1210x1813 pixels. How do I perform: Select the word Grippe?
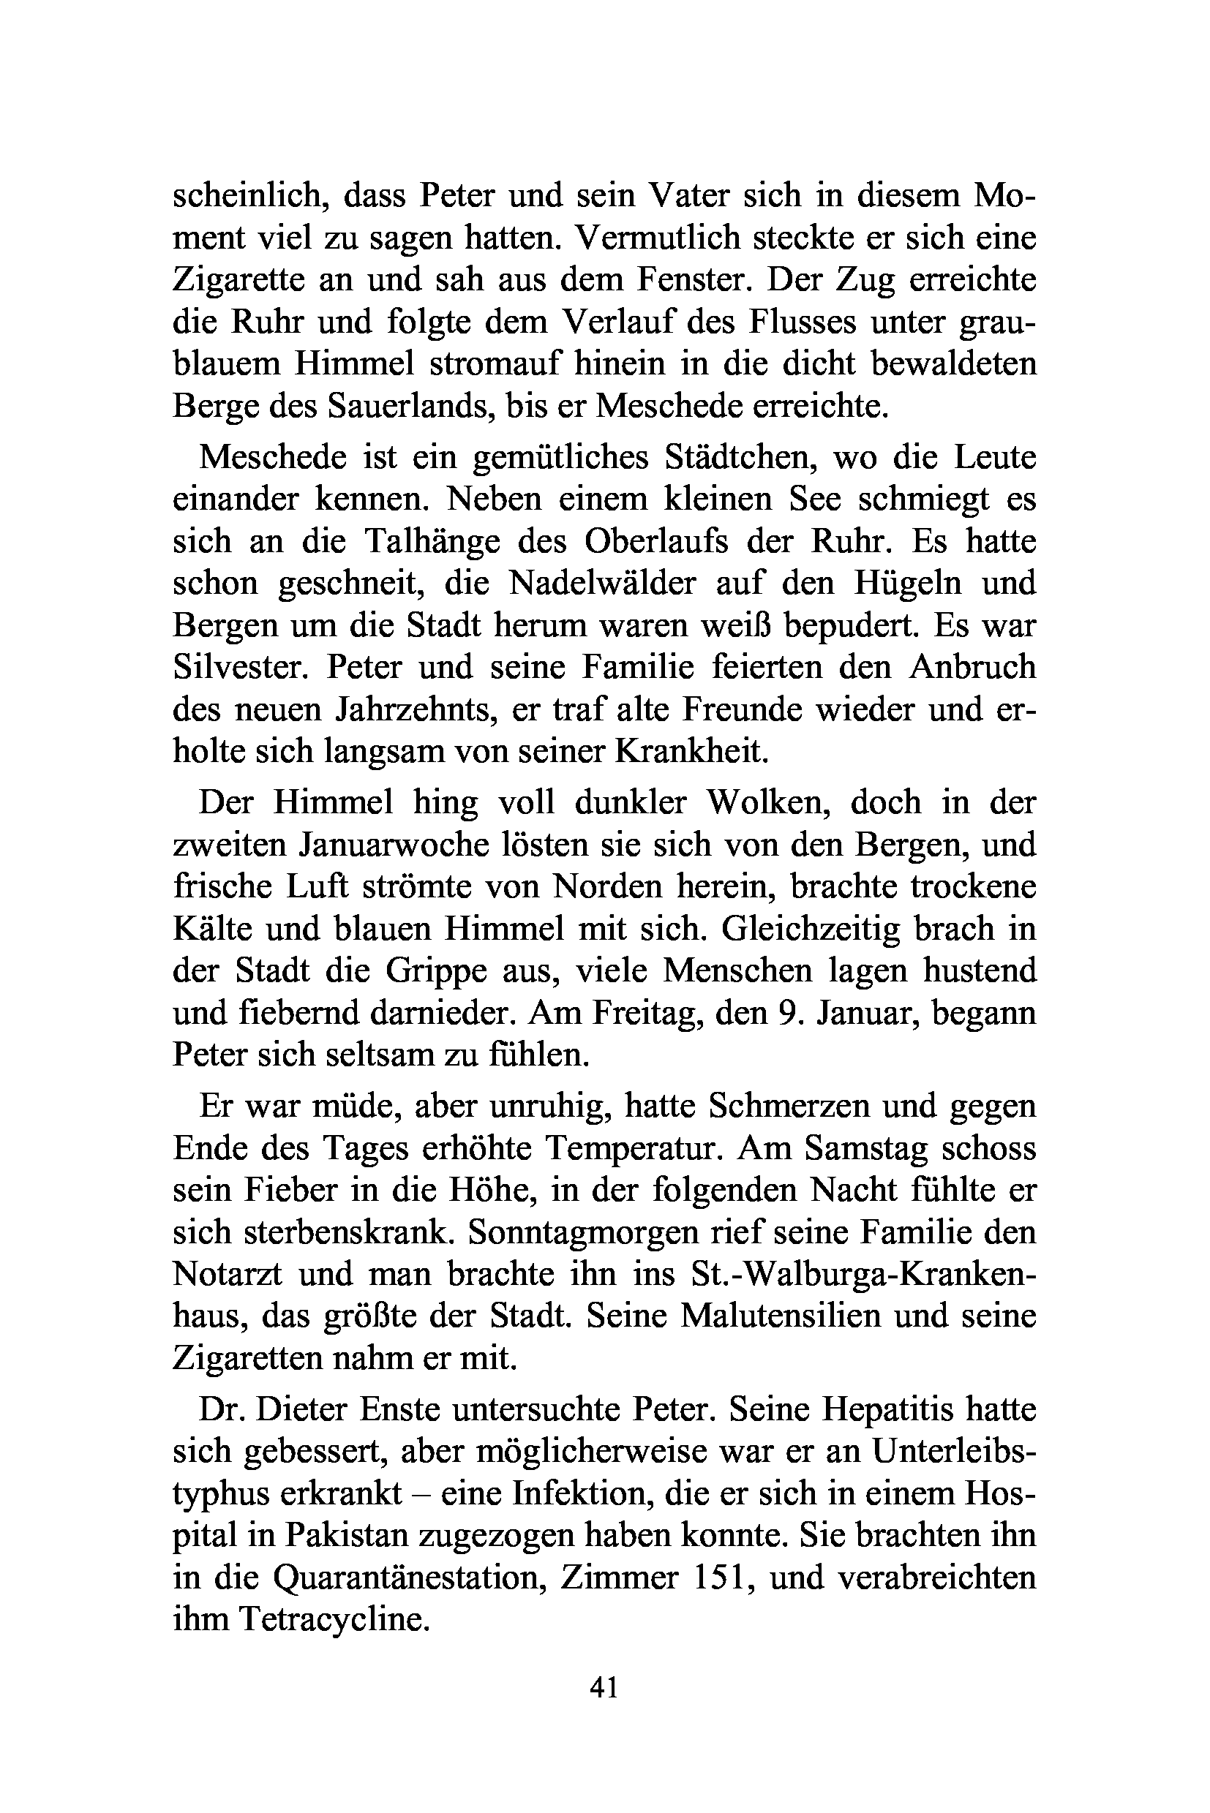(x=436, y=970)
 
